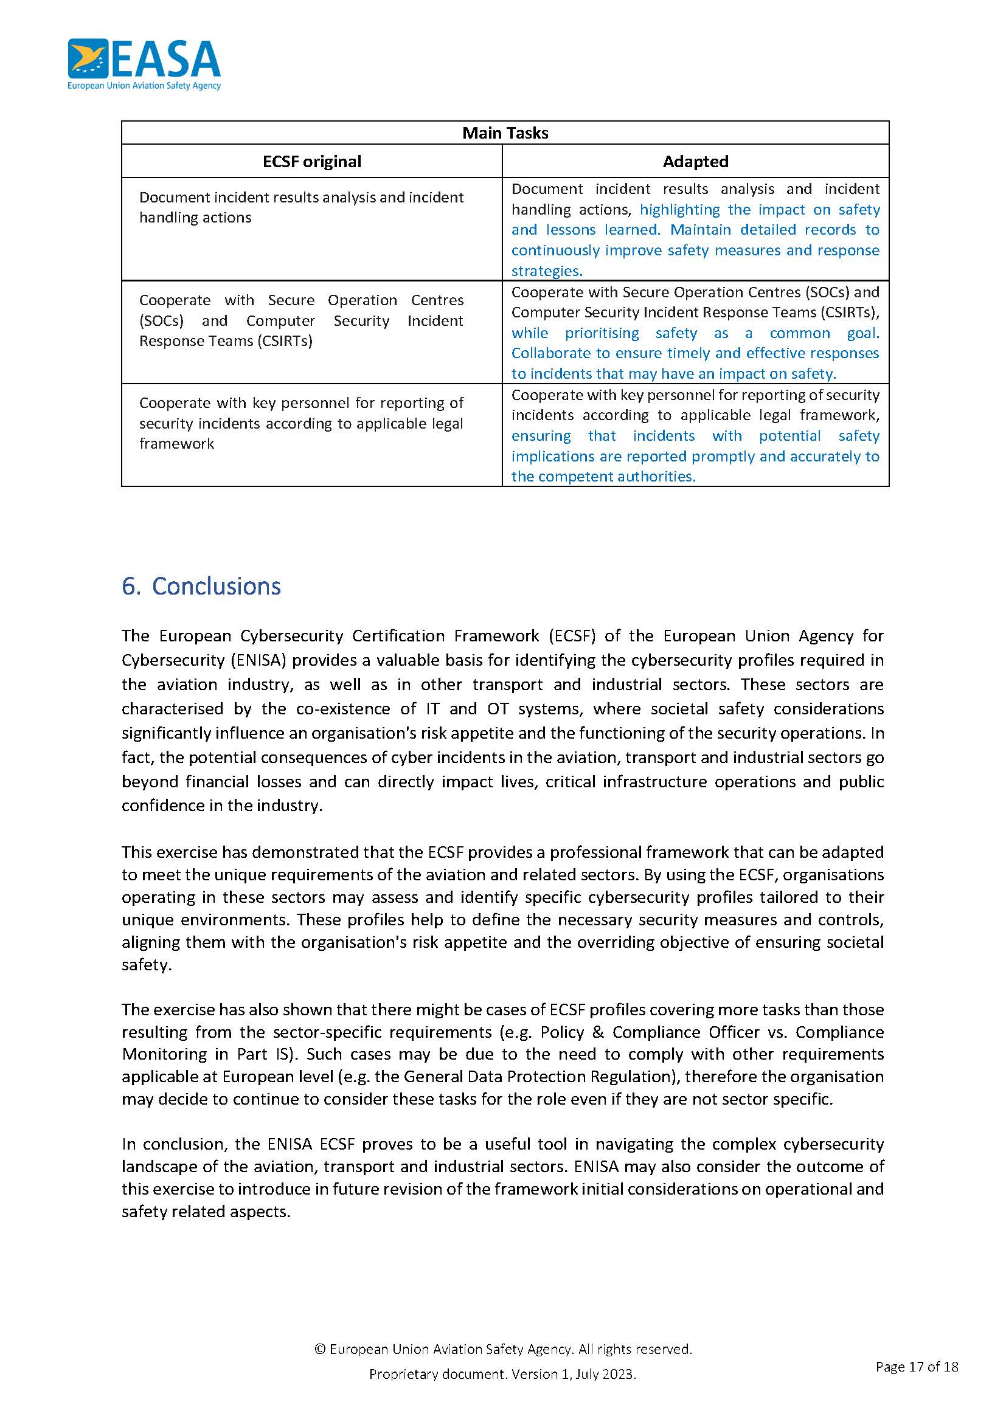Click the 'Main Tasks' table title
coord(505,133)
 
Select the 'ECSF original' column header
coord(311,162)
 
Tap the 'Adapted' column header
coord(695,162)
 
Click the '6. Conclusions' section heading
coord(201,585)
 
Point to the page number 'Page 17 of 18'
coord(916,1366)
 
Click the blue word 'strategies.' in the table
coord(546,271)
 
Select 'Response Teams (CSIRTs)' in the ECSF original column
coord(226,341)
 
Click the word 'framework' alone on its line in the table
coord(176,444)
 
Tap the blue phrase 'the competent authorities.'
coord(603,477)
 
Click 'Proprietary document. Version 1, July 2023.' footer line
coord(502,1374)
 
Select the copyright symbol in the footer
coord(320,1349)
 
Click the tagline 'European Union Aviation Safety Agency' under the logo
coord(144,86)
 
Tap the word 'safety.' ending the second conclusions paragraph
coord(146,965)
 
